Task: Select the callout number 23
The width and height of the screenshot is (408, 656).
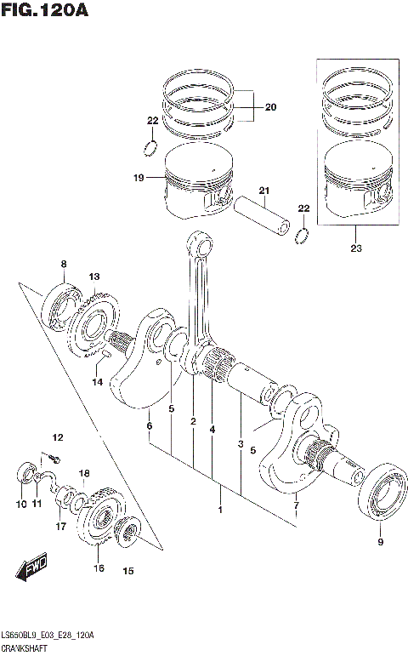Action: tap(355, 249)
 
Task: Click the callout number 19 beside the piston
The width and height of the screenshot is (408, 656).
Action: tap(137, 178)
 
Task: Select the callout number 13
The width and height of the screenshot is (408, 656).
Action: tap(93, 277)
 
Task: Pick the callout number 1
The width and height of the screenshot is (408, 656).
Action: tap(220, 511)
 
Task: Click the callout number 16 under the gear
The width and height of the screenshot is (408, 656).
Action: tap(99, 568)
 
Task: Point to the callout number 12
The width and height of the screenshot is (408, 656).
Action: tap(58, 437)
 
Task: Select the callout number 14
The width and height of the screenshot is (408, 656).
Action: tap(98, 382)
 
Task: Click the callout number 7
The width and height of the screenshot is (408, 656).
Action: tap(296, 510)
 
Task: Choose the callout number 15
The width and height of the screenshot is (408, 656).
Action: tap(128, 571)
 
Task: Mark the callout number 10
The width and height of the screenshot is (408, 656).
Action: tap(21, 505)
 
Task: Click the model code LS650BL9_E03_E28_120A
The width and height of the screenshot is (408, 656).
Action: tap(48, 636)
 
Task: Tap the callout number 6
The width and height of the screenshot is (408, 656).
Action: tap(149, 425)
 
